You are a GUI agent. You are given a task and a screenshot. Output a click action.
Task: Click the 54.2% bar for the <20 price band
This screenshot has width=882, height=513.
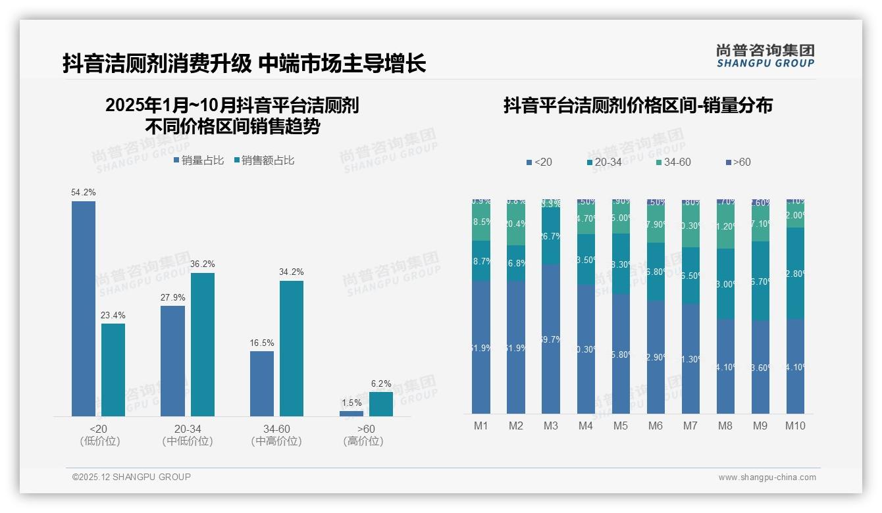coord(84,308)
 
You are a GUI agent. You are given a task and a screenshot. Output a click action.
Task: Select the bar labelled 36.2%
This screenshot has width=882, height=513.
coord(203,345)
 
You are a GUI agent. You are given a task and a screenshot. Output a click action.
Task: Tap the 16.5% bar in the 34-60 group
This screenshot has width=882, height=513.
coord(262,383)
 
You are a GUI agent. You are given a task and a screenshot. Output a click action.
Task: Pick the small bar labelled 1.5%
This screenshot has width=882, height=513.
coord(351,414)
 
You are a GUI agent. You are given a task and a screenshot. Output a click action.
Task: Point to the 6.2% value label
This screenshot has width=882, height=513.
coord(380,383)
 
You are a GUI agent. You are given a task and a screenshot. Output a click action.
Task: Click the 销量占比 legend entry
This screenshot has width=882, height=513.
coord(199,160)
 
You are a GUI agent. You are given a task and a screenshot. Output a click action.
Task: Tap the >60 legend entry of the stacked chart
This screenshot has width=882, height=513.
coord(737,162)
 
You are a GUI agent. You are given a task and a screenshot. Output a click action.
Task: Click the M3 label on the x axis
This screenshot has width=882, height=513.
coord(551,426)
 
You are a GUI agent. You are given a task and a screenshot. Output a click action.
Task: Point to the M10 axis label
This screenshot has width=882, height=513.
coord(795,426)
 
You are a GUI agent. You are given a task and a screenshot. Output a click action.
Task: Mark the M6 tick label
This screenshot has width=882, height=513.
coord(656,426)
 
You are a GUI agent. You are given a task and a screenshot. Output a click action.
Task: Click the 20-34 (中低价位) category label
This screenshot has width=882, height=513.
coord(188,435)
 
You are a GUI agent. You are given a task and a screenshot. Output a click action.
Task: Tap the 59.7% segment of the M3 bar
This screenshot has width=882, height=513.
coord(551,339)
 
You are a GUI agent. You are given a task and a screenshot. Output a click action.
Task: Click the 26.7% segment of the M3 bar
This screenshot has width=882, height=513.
coord(551,236)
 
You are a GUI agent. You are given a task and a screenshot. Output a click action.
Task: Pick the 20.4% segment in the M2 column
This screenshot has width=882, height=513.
coord(516,224)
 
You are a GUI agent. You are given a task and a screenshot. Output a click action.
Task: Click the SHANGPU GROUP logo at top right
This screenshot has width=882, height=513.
coord(765,56)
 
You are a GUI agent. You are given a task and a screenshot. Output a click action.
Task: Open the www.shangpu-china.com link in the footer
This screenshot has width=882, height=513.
coord(767,477)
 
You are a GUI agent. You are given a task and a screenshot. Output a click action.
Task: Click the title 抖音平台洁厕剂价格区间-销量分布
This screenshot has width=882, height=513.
coord(638,105)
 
